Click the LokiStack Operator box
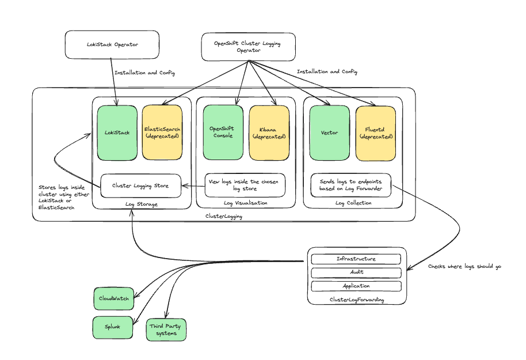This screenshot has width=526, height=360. point(112,45)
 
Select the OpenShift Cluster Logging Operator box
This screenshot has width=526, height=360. point(248,47)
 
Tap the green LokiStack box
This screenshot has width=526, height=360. point(117,132)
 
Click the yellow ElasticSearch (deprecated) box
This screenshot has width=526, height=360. point(162,132)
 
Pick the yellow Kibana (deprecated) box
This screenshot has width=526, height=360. point(269,132)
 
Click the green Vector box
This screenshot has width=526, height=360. point(329,132)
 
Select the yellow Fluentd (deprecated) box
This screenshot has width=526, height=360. point(375,132)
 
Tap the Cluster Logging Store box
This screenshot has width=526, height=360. point(141,185)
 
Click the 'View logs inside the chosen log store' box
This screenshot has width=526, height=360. point(244,185)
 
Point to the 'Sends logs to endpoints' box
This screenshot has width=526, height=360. point(350,185)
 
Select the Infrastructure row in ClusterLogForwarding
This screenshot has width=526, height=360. point(356,259)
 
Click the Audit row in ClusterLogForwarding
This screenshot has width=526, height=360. point(356,272)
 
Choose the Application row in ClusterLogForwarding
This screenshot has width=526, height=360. point(356,286)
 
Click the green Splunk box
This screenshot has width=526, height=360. point(112,327)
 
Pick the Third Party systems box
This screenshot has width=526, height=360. point(166,329)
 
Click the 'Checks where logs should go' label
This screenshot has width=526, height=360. point(464,267)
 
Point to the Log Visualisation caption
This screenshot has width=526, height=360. point(246,203)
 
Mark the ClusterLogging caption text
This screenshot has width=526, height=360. point(224,217)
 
